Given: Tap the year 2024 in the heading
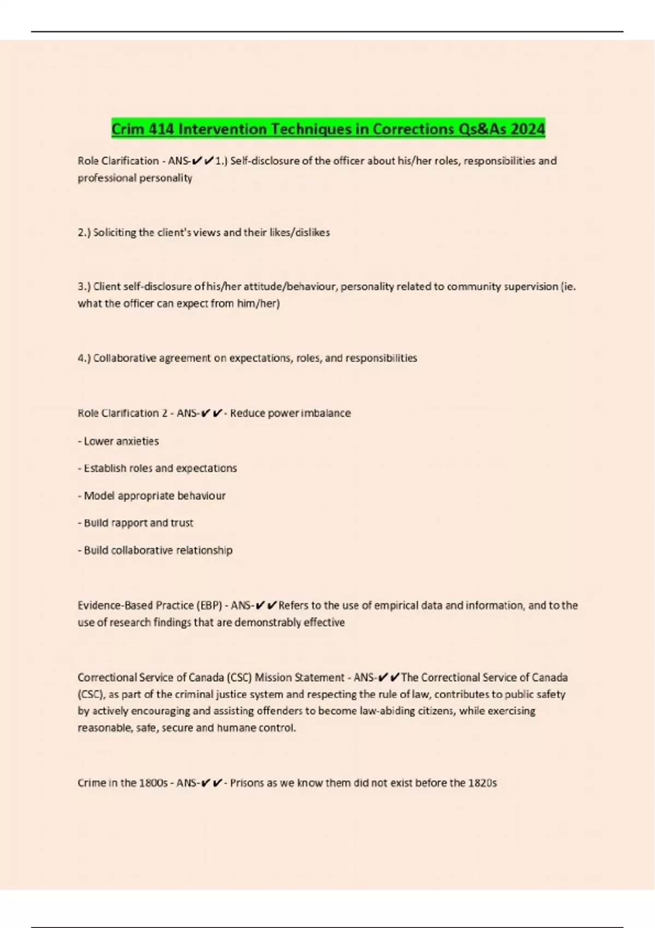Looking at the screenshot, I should (x=528, y=129).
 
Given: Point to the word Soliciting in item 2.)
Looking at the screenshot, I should (x=115, y=233).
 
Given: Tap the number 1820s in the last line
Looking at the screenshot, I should (x=483, y=783).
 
